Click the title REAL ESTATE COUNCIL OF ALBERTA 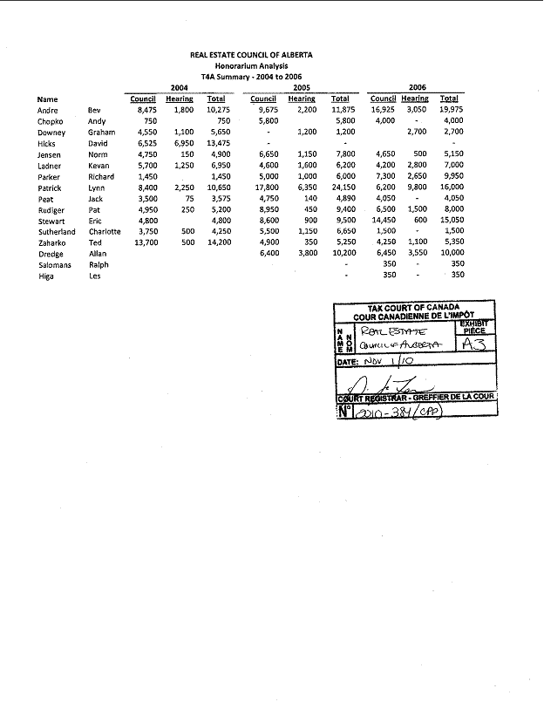(251, 55)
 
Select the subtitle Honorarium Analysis (251, 65)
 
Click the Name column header (47, 99)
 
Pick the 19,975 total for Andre (450, 111)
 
